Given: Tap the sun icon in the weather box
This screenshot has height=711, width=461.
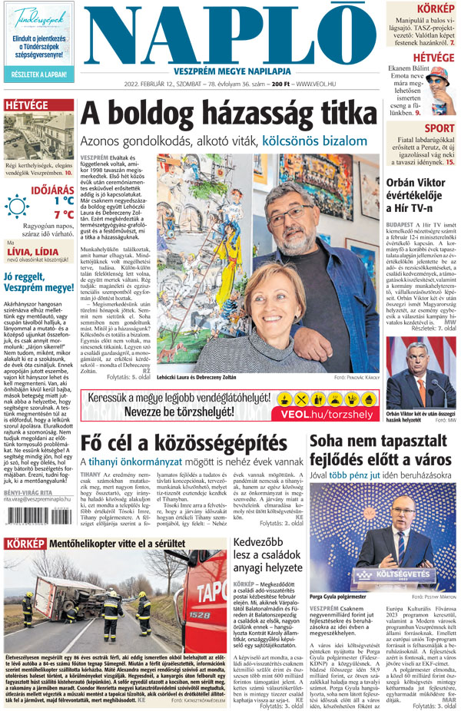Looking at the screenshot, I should pos(17,207).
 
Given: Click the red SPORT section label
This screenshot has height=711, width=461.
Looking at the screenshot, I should pos(439,128).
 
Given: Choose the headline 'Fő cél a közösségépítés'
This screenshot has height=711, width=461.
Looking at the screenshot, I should pos(184,443).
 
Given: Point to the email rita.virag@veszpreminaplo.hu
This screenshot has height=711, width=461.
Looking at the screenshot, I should pos(40,498).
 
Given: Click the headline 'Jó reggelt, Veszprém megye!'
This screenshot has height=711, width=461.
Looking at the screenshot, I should pos(38,283).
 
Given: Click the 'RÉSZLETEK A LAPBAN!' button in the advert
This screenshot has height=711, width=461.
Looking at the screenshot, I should pos(38,74).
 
